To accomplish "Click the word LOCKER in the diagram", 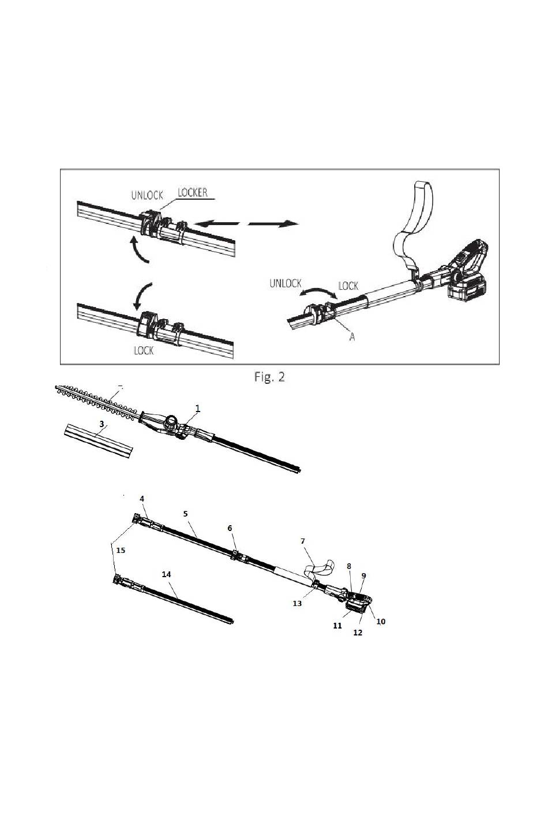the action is pyautogui.click(x=192, y=192).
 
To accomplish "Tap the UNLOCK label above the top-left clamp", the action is pyautogui.click(x=147, y=195).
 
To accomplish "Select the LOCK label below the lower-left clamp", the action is pyautogui.click(x=144, y=350).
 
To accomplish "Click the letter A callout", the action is pyautogui.click(x=352, y=337).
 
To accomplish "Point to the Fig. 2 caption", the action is pyautogui.click(x=270, y=377).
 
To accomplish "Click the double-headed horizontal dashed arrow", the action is pyautogui.click(x=247, y=223).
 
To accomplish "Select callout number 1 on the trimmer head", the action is pyautogui.click(x=198, y=408).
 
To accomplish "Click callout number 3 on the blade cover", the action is pyautogui.click(x=102, y=424).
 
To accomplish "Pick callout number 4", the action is pyautogui.click(x=142, y=498).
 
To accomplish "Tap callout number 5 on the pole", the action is pyautogui.click(x=185, y=513).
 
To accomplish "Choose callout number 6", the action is pyautogui.click(x=230, y=528).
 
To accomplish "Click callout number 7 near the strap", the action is pyautogui.click(x=302, y=541).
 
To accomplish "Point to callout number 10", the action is pyautogui.click(x=381, y=622).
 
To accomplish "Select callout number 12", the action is pyautogui.click(x=358, y=633).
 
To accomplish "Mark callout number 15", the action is pyautogui.click(x=120, y=551).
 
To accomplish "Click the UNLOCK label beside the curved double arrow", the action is pyautogui.click(x=286, y=283).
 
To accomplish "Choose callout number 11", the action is pyautogui.click(x=337, y=625).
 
